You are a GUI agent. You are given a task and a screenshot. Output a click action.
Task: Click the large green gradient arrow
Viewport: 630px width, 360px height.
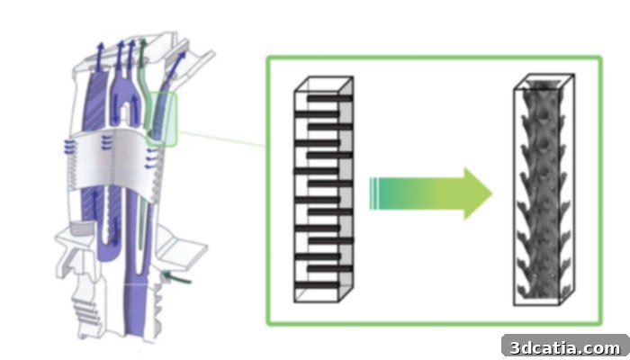(x=430, y=193)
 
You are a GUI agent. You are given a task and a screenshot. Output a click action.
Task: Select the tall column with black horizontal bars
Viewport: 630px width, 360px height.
(x=323, y=189)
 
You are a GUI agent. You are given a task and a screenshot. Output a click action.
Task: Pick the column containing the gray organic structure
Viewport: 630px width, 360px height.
(x=544, y=190)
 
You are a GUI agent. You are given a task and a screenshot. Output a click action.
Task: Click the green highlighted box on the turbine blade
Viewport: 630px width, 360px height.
(x=161, y=119)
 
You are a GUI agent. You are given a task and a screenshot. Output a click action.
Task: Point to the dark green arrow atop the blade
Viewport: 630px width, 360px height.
(x=142, y=52)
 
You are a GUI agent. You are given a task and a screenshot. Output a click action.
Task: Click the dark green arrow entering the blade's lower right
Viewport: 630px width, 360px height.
(x=176, y=277)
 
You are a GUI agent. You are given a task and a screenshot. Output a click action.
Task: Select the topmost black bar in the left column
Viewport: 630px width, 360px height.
(x=330, y=98)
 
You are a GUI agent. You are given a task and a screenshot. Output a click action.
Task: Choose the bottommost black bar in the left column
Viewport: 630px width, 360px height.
(x=318, y=285)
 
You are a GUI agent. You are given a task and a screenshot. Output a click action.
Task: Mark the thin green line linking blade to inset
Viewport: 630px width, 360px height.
(x=221, y=139)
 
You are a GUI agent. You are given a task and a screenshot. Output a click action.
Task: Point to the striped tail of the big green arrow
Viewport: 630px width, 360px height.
(x=374, y=193)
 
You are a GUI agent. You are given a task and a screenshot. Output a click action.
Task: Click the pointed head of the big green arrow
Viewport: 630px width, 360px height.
(x=478, y=193)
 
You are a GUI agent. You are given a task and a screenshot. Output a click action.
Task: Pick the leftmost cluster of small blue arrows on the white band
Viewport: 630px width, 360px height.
(x=69, y=147)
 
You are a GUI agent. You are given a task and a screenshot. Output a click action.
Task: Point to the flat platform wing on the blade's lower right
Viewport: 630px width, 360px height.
(x=181, y=246)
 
